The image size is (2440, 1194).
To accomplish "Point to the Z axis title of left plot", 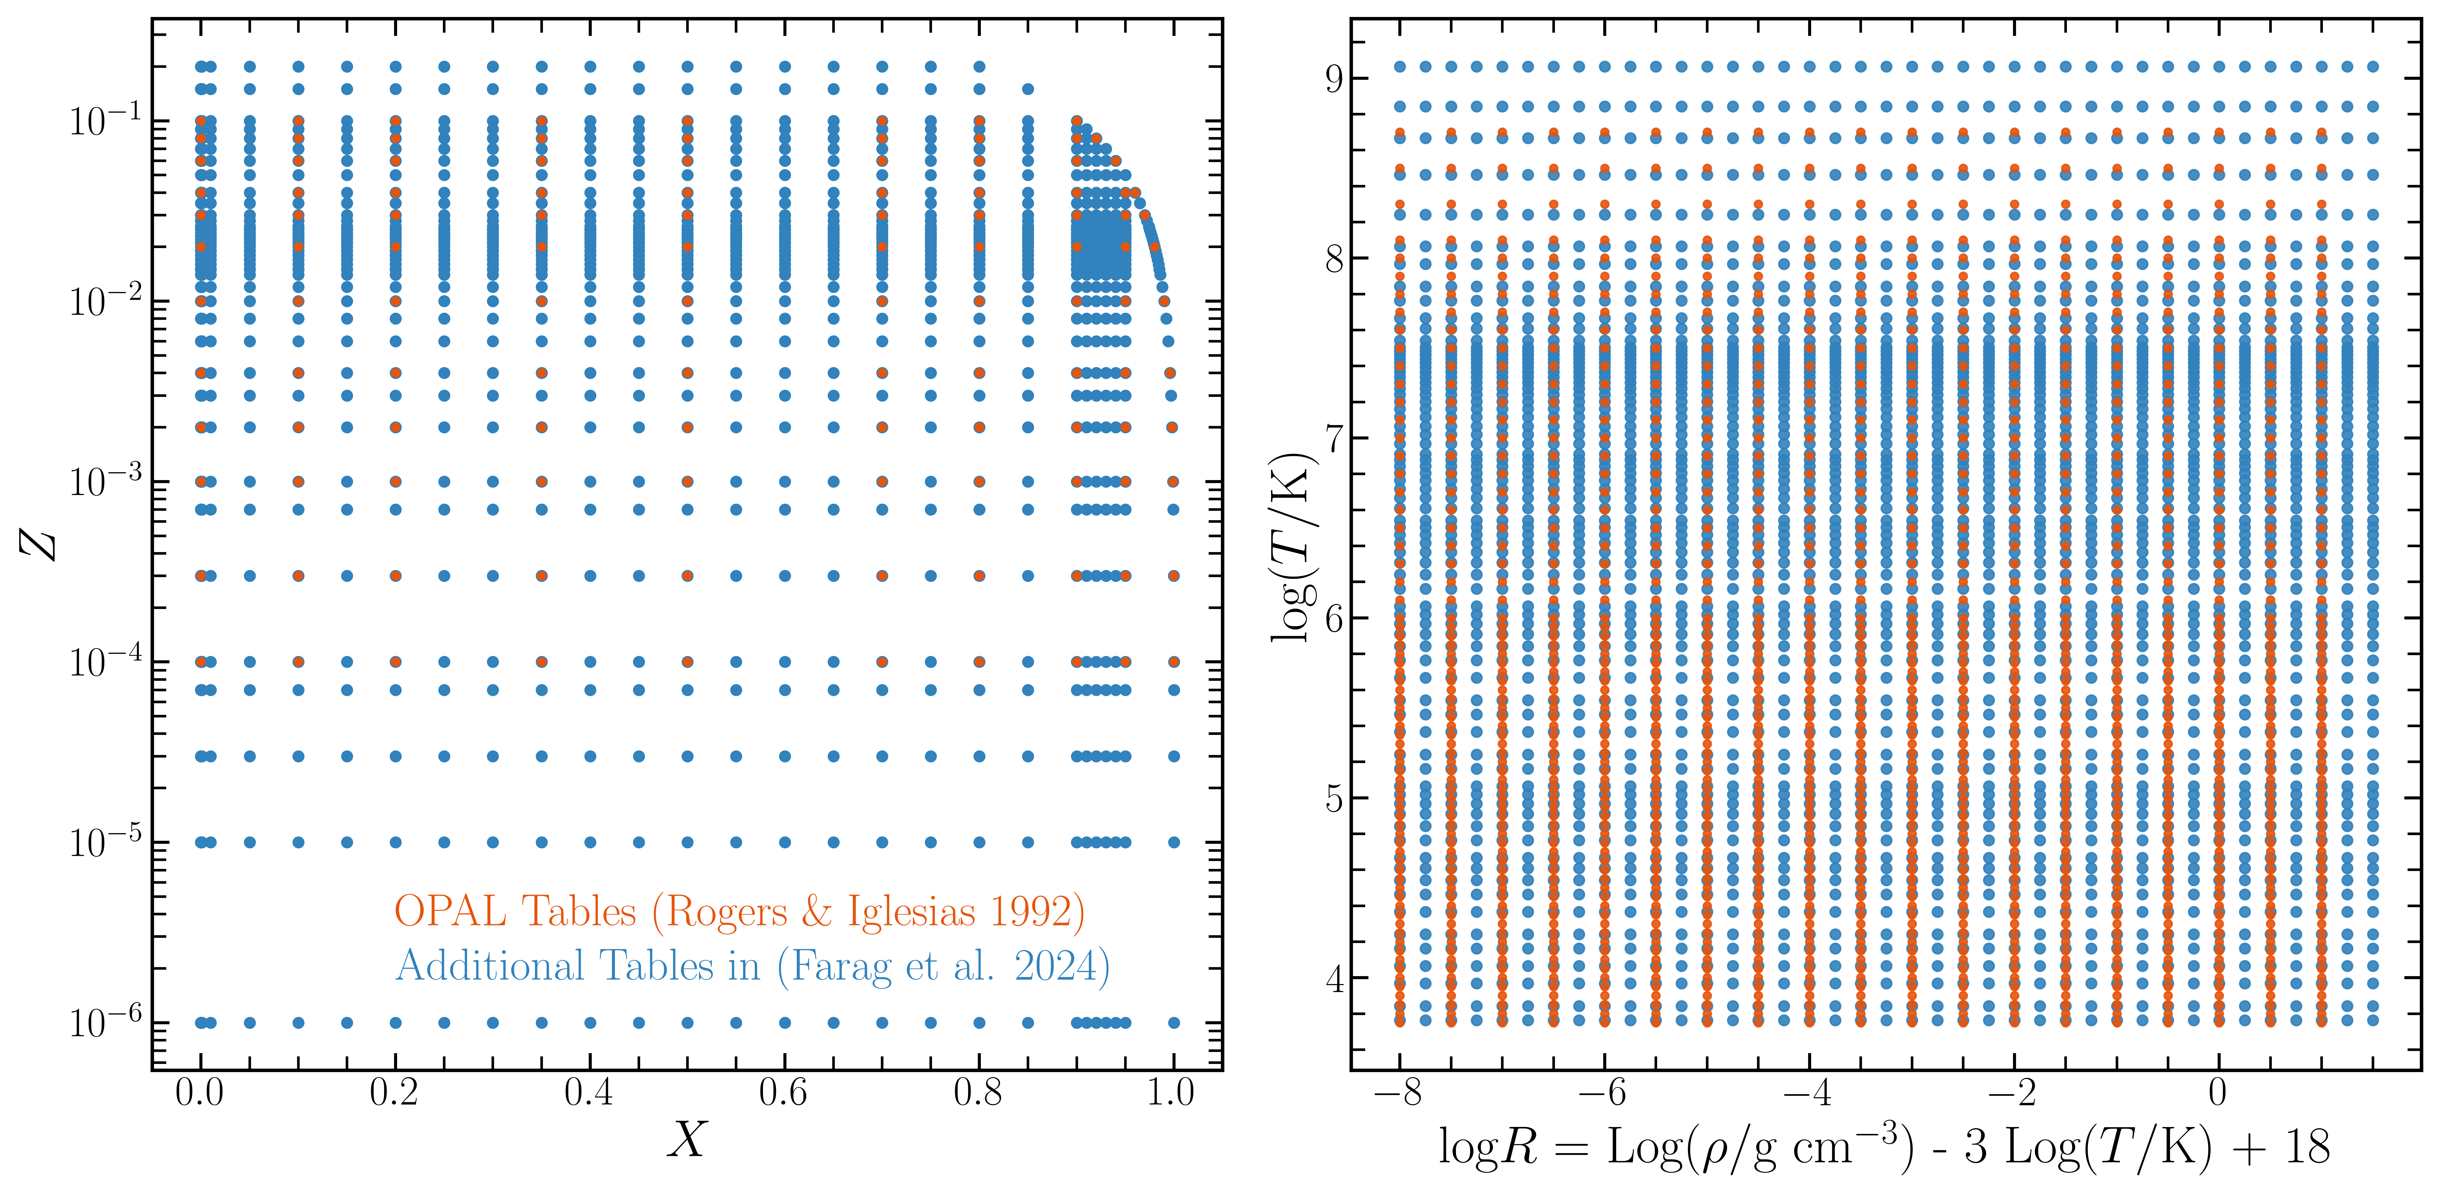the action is [x=38, y=544].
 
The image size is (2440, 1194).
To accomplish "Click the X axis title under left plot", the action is [x=688, y=1139].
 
